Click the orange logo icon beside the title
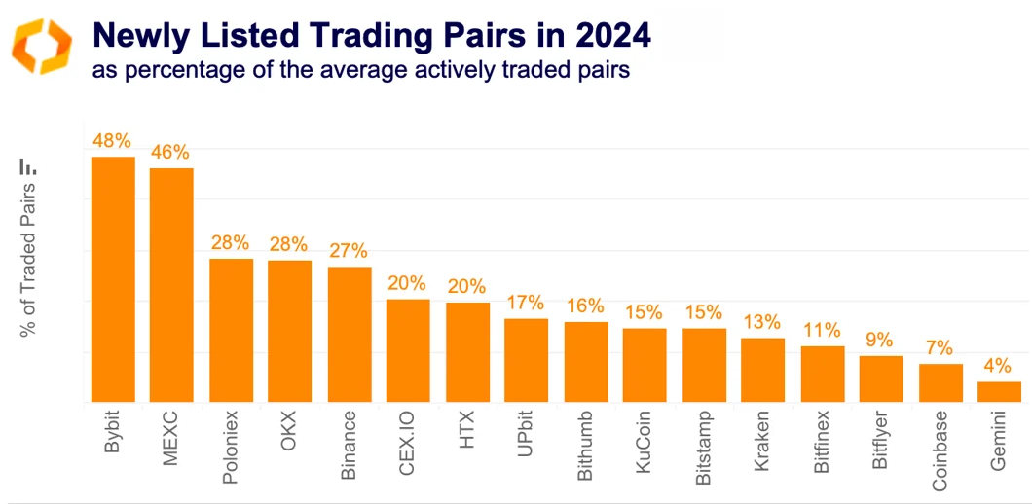point(41,45)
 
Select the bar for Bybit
point(113,279)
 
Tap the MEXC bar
point(171,285)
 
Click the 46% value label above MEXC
point(170,153)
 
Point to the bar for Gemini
point(999,391)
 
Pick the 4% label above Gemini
point(999,367)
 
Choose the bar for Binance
point(350,334)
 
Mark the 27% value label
point(350,250)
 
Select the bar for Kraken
point(762,370)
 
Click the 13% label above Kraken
point(762,322)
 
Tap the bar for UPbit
point(526,360)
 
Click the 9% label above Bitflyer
point(881,341)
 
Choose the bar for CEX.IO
point(408,350)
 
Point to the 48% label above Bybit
point(112,141)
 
